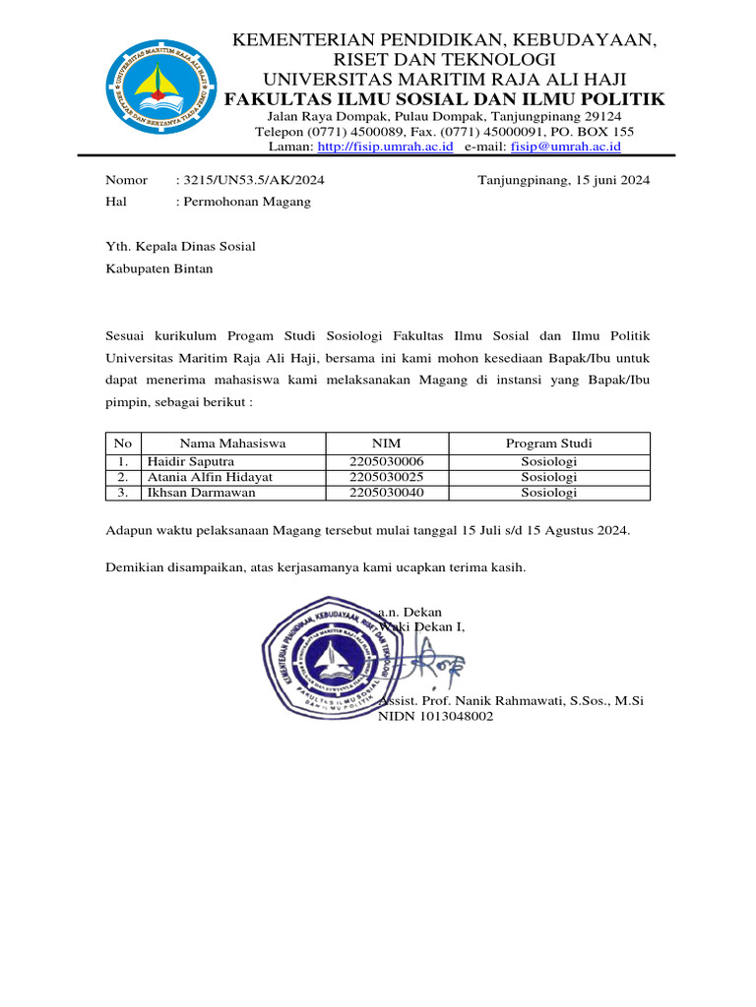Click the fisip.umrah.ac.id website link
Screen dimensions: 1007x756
pyautogui.click(x=385, y=147)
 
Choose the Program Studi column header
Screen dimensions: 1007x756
pyautogui.click(x=548, y=444)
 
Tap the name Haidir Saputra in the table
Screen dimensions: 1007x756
pyautogui.click(x=191, y=461)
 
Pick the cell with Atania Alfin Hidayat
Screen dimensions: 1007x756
pyautogui.click(x=210, y=477)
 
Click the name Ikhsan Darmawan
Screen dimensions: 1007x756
pyautogui.click(x=201, y=493)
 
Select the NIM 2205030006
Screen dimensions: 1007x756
pyautogui.click(x=386, y=461)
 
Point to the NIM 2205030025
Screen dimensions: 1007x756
pyautogui.click(x=386, y=477)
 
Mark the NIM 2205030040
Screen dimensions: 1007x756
pyautogui.click(x=386, y=493)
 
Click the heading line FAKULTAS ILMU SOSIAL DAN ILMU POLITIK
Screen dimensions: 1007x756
pyautogui.click(x=444, y=99)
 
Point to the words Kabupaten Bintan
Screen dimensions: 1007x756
pyautogui.click(x=158, y=267)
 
